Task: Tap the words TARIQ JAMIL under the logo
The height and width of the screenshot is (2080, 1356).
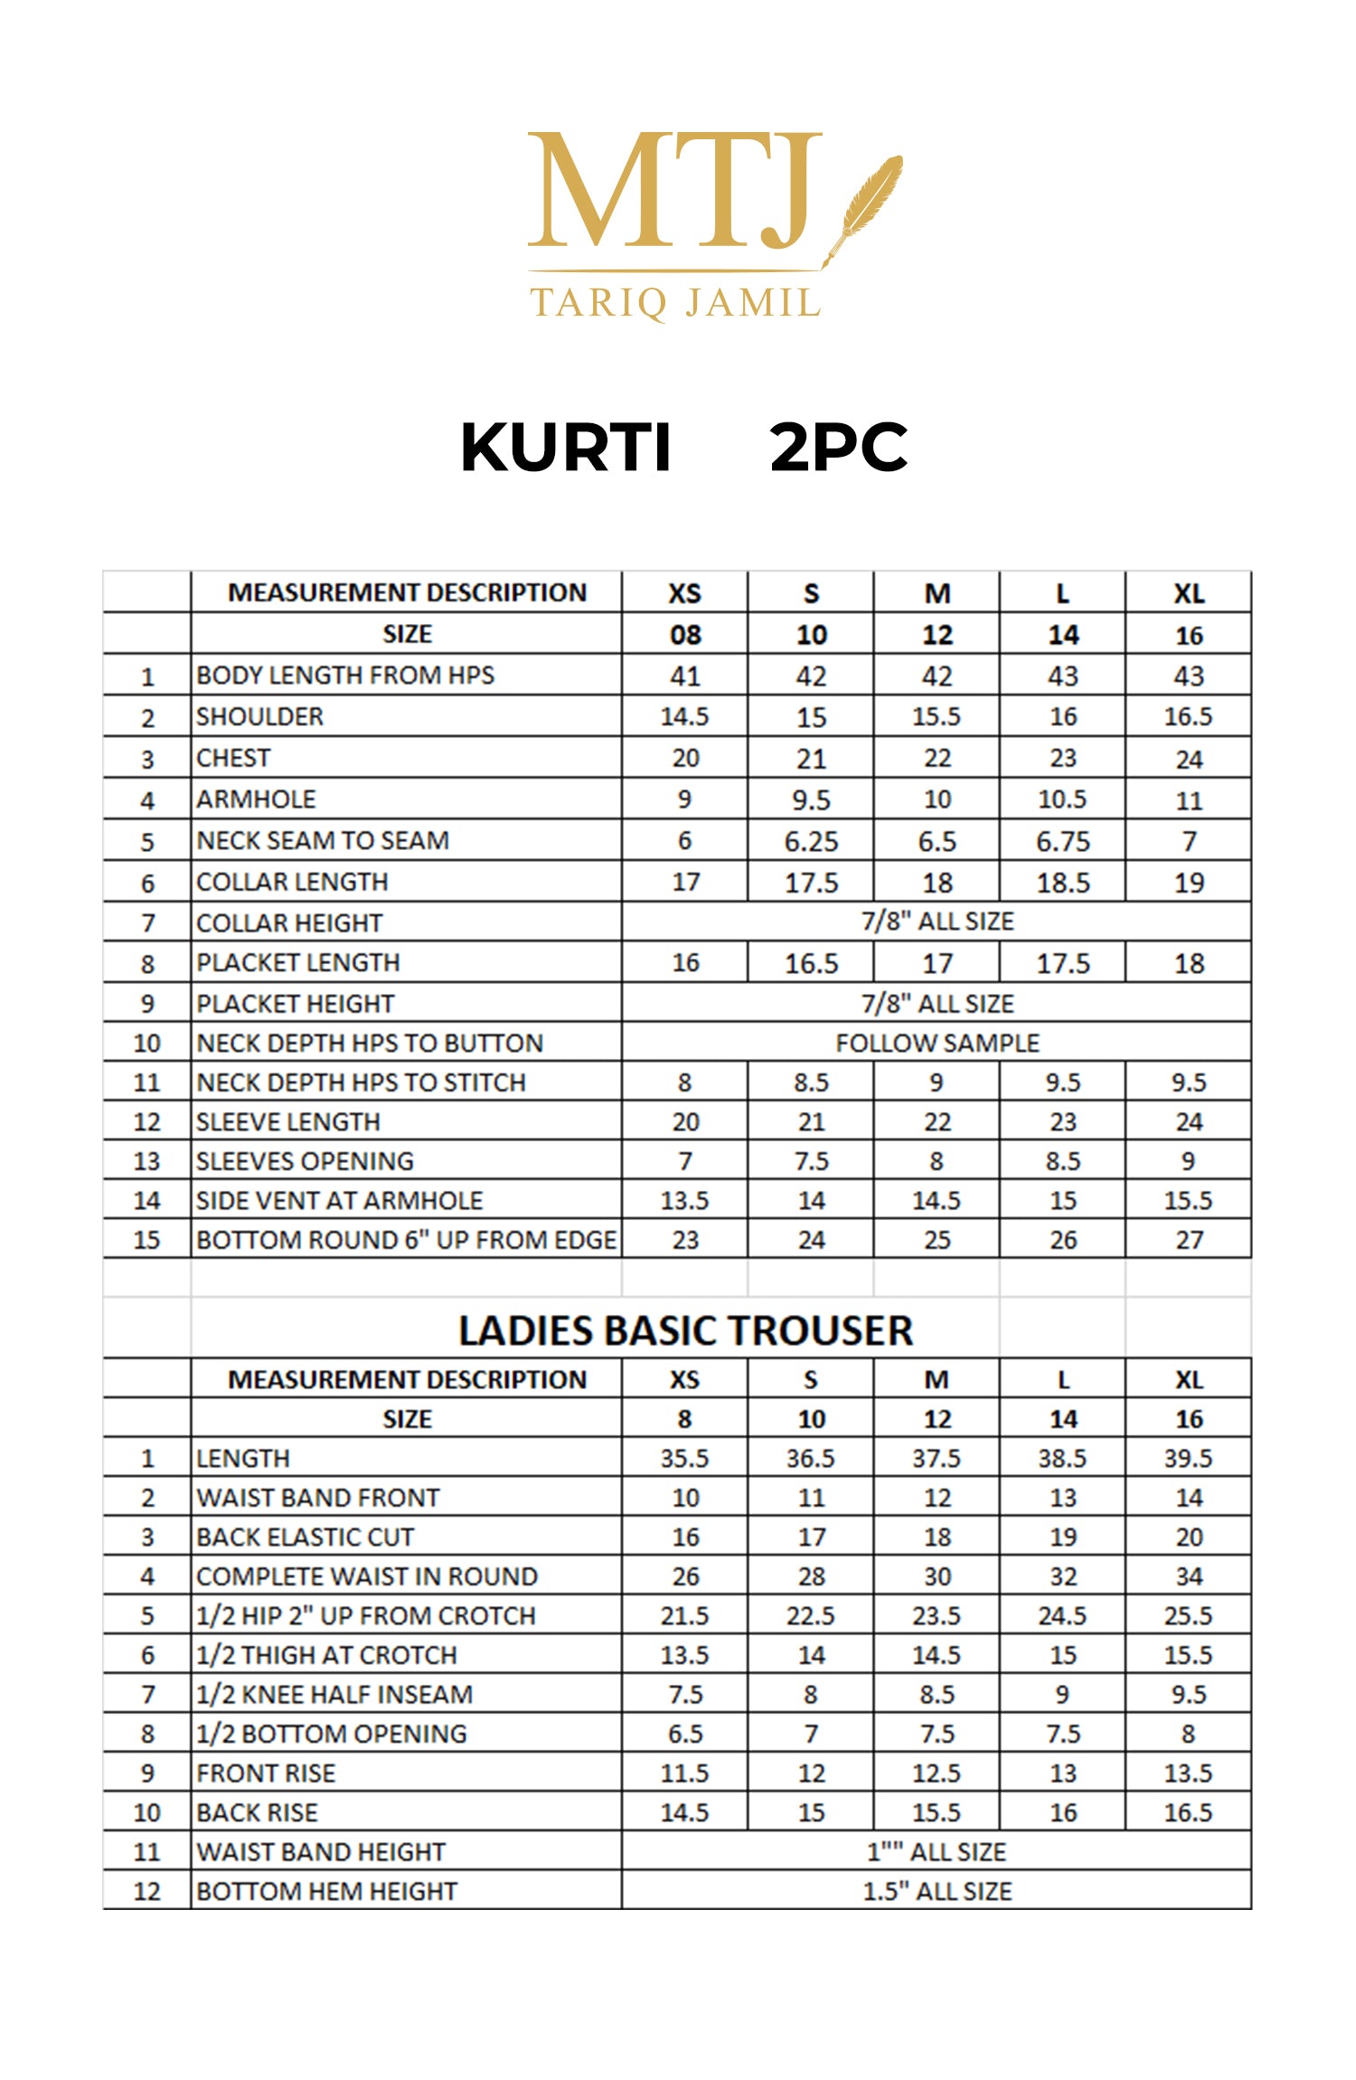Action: [675, 303]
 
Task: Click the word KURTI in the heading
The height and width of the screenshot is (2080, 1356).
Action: [566, 448]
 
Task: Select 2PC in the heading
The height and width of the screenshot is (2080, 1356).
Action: [838, 448]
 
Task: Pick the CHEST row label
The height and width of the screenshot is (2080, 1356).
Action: [233, 758]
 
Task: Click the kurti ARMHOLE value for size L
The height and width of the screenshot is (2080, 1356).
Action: [1062, 799]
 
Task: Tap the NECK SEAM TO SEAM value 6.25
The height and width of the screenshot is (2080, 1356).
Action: [811, 841]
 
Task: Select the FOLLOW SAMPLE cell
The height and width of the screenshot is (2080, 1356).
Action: [937, 1043]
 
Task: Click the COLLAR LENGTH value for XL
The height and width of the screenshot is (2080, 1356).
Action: [1189, 883]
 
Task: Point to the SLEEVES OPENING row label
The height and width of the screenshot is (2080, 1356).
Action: [305, 1161]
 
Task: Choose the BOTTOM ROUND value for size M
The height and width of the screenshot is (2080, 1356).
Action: [937, 1240]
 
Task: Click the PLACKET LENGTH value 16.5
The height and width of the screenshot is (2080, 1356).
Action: [811, 963]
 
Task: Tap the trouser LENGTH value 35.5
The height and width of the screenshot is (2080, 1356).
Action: [684, 1459]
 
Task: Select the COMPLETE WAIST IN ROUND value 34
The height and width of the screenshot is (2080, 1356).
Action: [1189, 1576]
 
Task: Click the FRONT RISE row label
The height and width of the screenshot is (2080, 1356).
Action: [266, 1773]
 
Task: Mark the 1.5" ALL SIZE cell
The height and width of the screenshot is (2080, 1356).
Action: [937, 1891]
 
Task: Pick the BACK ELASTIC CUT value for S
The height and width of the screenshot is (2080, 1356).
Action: [811, 1537]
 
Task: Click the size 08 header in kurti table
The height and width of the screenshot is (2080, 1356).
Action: [684, 635]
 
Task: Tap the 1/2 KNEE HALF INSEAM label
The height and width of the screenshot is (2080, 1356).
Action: [334, 1695]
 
